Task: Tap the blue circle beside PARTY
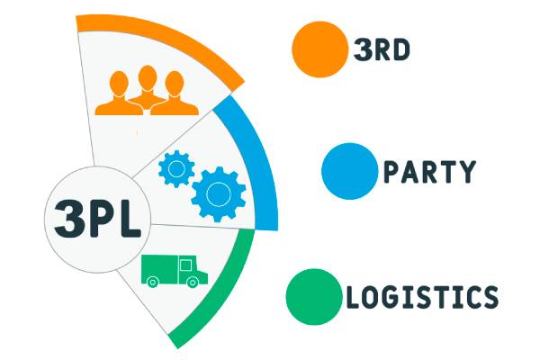(x=349, y=170)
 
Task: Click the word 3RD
(x=382, y=49)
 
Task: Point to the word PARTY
(x=429, y=171)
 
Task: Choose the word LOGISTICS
(x=421, y=297)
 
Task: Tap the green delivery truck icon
(x=174, y=269)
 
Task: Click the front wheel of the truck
(x=193, y=281)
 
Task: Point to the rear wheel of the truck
(x=153, y=281)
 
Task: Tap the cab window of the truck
(x=186, y=265)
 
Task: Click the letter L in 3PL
(x=128, y=217)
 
